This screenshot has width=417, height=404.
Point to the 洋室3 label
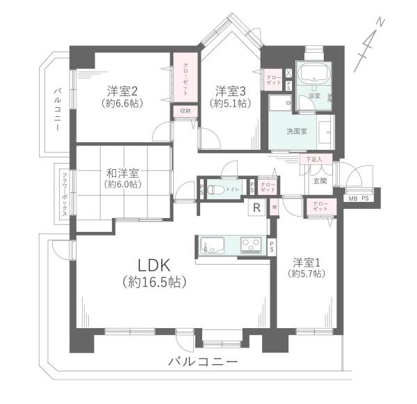click(230, 91)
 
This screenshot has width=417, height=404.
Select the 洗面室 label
click(297, 131)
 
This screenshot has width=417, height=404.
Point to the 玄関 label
click(320, 181)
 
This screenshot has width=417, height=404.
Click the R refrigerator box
click(257, 208)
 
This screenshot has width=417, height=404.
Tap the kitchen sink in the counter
click(213, 246)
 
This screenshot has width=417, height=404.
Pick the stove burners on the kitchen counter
click(251, 245)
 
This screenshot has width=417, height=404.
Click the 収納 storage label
click(185, 111)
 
